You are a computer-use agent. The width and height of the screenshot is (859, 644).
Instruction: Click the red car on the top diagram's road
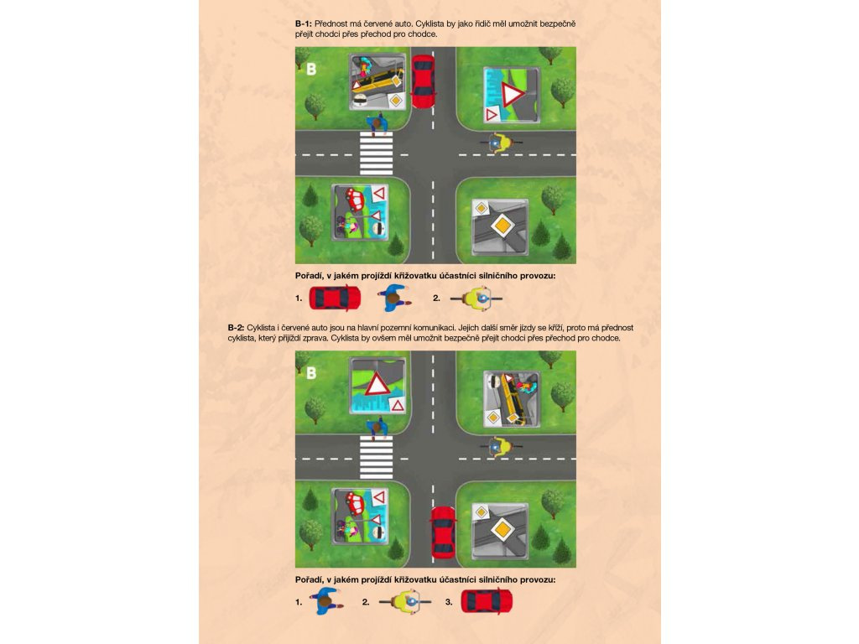coord(423,81)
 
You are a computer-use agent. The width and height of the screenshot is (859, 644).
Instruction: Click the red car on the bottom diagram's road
coord(443,532)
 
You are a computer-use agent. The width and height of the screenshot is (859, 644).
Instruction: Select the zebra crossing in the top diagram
coord(377,153)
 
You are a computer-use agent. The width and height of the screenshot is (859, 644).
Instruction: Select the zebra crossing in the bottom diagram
coord(377,457)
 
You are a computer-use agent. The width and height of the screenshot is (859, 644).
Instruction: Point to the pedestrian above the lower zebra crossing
coord(377,427)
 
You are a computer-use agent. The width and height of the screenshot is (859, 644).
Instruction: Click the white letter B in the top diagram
coord(311,70)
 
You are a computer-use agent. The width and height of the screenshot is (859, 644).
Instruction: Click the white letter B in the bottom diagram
coord(311,373)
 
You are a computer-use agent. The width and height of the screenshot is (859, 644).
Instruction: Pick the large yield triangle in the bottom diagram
coord(377,384)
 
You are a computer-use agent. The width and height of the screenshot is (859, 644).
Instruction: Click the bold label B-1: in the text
coord(304,23)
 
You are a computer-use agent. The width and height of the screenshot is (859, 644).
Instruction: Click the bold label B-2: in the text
coord(236,328)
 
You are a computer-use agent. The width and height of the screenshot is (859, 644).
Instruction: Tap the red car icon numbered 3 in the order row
coord(487,601)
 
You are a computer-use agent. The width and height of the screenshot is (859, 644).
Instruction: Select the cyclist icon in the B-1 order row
coord(476,299)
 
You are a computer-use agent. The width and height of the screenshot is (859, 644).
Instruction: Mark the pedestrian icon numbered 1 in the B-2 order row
coord(326,601)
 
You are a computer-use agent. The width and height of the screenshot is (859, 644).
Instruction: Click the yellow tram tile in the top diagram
coord(378,81)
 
